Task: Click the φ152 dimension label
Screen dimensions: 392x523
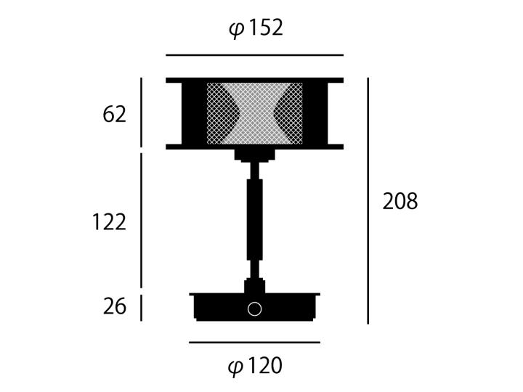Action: (255, 29)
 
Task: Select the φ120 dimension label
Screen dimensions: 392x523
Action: (255, 367)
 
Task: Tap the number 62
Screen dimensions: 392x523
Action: (114, 115)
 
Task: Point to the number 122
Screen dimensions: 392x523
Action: (109, 222)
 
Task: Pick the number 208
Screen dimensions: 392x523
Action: (400, 202)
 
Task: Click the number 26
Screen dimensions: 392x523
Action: (114, 307)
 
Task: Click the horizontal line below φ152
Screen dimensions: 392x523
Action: (254, 55)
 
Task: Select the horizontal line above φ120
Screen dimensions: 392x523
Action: (254, 343)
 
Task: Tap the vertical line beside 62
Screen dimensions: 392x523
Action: (141, 112)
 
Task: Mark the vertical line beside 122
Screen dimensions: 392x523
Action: (141, 219)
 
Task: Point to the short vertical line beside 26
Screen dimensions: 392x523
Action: (141, 308)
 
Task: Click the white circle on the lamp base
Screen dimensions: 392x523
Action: (254, 309)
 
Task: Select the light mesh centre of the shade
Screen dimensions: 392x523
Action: (254, 113)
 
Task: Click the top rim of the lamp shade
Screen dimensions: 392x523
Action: (254, 79)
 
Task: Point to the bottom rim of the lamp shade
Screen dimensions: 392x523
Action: (254, 147)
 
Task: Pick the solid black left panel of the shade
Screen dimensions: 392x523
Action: (193, 113)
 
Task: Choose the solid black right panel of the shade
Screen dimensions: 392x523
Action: (315, 113)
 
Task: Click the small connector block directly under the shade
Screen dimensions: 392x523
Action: (254, 155)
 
